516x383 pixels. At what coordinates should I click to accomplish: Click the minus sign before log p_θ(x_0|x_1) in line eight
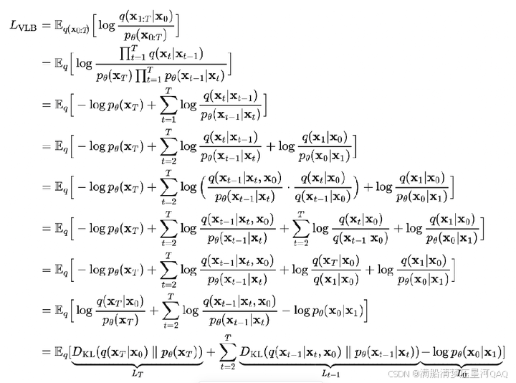coord(290,310)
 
